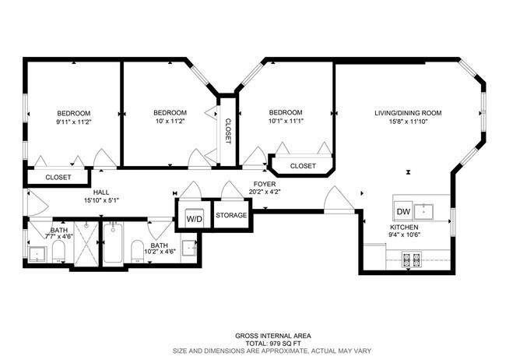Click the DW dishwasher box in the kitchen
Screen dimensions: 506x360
pyautogui.click(x=403, y=212)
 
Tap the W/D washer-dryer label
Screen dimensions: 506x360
pyautogui.click(x=195, y=219)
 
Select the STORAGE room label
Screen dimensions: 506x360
pyautogui.click(x=231, y=215)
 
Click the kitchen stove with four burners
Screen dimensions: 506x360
pyautogui.click(x=412, y=259)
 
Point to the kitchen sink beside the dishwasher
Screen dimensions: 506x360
pyautogui.click(x=423, y=212)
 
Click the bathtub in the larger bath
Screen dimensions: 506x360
pyautogui.click(x=113, y=242)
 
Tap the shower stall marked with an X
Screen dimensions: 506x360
pyautogui.click(x=86, y=244)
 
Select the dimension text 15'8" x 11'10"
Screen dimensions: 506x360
pyautogui.click(x=408, y=122)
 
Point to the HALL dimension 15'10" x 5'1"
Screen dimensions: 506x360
pyautogui.click(x=102, y=200)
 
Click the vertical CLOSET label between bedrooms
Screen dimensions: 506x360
pyautogui.click(x=228, y=131)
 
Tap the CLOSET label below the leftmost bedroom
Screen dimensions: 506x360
pyautogui.click(x=58, y=178)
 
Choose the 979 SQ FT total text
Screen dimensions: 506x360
pyautogui.click(x=273, y=344)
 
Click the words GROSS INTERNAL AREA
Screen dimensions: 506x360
pyautogui.click(x=273, y=336)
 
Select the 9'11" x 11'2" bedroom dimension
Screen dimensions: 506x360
pyautogui.click(x=74, y=122)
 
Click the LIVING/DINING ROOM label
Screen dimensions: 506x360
pyautogui.click(x=408, y=113)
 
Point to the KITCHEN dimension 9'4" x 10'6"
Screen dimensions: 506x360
pyautogui.click(x=404, y=235)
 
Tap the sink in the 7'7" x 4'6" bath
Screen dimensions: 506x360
pyautogui.click(x=38, y=254)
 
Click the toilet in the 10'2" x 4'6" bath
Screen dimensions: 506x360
pyautogui.click(x=138, y=251)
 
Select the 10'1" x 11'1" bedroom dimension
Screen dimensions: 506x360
pyautogui.click(x=286, y=122)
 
